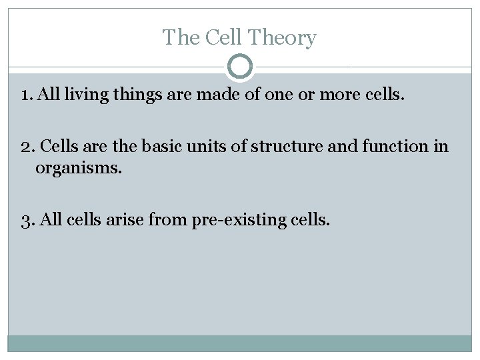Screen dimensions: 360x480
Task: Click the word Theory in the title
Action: (x=289, y=38)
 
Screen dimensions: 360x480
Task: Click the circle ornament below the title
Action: (x=240, y=67)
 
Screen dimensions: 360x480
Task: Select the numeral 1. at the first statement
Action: (x=27, y=95)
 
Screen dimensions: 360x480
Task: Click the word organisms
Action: (x=79, y=167)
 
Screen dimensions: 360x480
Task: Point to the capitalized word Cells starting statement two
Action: (x=61, y=146)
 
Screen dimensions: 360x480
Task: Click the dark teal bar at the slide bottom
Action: (x=240, y=343)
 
